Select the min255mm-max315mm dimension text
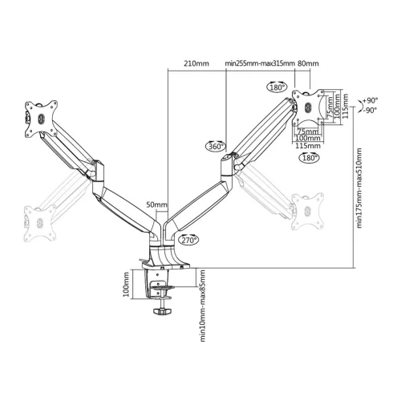click(255, 63)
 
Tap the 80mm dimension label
click(308, 63)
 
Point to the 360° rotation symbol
click(215, 146)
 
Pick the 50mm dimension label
click(157, 206)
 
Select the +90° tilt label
click(370, 100)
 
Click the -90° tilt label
click(370, 110)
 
